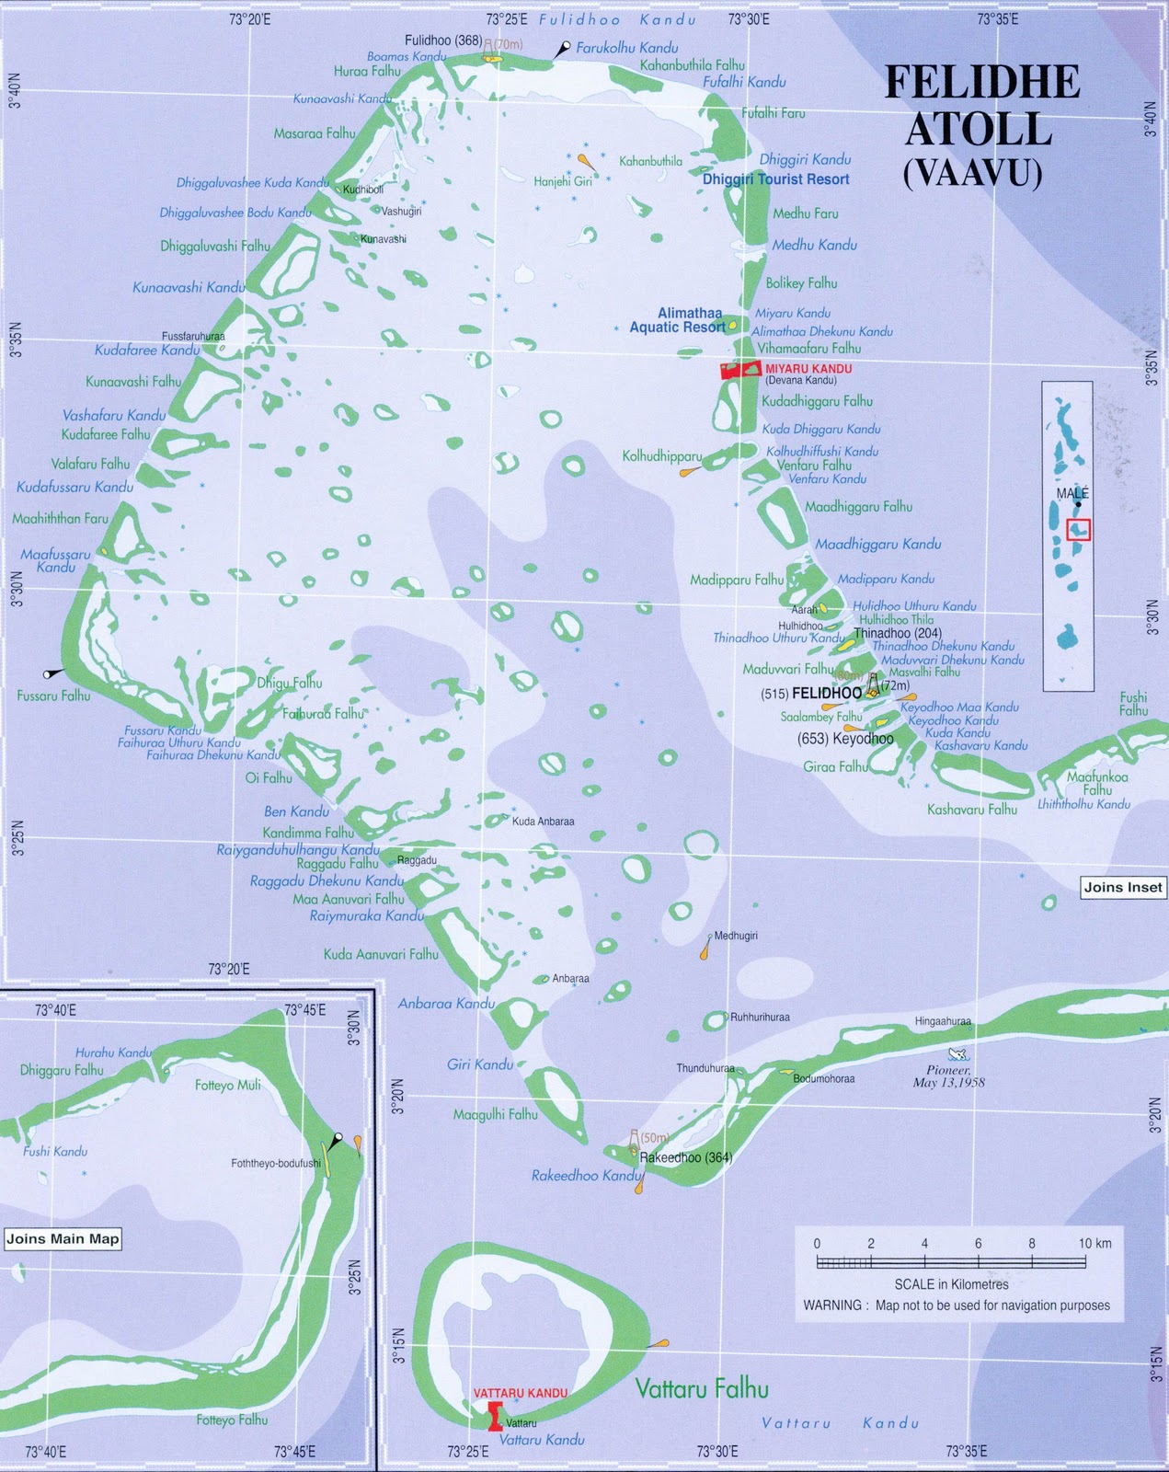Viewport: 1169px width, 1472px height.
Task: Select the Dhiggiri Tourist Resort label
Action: tap(775, 179)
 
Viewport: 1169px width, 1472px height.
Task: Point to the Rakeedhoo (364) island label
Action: tap(685, 1157)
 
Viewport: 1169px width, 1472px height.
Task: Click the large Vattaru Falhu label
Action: tap(702, 1389)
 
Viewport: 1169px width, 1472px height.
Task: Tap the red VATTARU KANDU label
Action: tap(520, 1393)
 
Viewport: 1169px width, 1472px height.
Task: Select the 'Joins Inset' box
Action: tap(1123, 888)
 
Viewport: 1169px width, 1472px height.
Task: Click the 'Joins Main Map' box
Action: tap(63, 1238)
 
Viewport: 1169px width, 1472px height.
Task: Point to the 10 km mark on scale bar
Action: tap(1085, 1262)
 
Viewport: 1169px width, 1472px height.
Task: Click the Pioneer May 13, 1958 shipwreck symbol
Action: tap(957, 1054)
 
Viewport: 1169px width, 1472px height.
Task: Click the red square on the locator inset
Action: tap(1078, 530)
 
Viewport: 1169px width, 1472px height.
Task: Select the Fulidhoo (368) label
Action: tap(443, 40)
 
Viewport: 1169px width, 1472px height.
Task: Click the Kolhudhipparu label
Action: tap(662, 456)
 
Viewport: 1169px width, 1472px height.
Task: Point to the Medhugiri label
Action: tap(736, 936)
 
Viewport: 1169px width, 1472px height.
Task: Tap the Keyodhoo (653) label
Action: tap(844, 738)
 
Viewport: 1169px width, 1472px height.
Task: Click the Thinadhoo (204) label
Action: tap(898, 633)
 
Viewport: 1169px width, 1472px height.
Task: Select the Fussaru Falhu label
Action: tap(53, 696)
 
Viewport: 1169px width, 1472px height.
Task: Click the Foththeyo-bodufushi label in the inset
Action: tap(276, 1164)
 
